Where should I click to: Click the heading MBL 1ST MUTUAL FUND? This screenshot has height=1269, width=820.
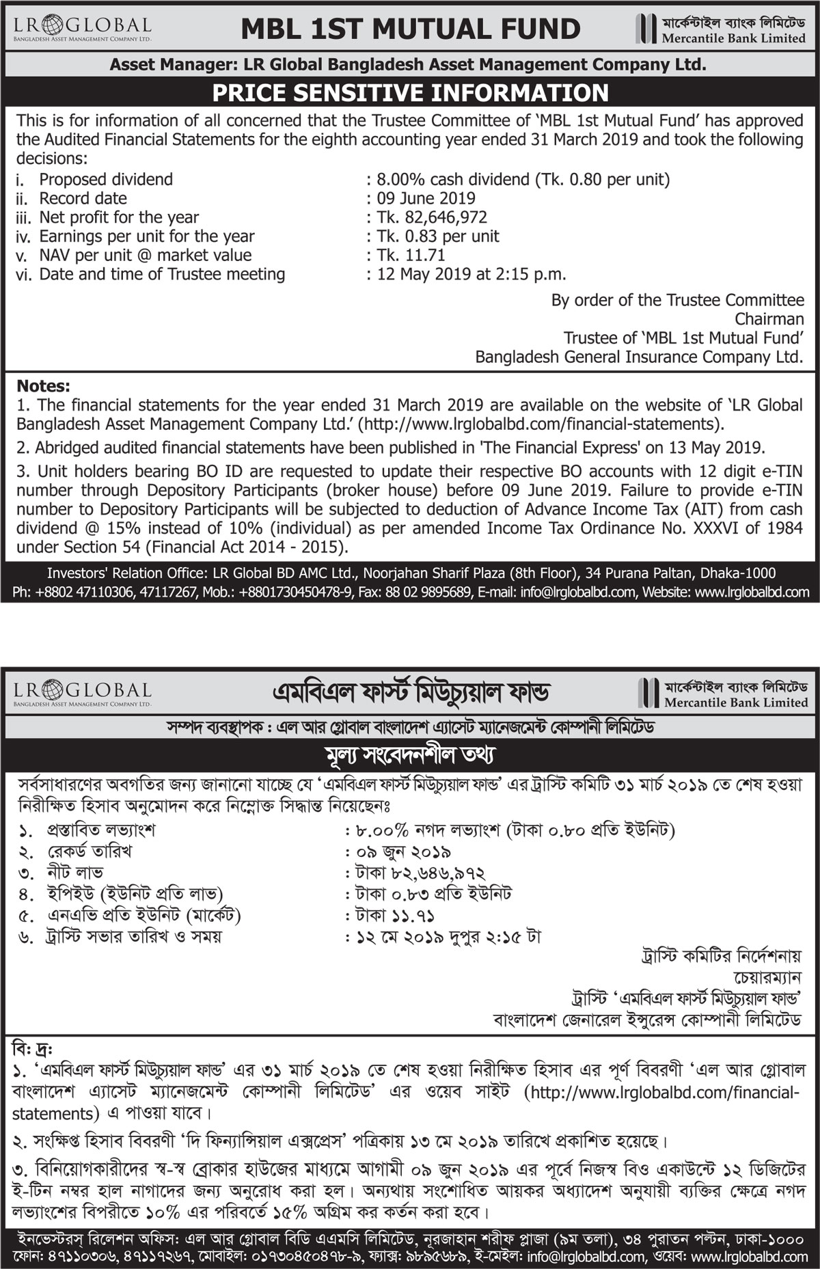[x=411, y=29]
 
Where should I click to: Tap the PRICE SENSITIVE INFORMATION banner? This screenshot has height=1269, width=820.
[x=410, y=93]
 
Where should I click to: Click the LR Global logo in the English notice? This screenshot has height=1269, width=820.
[x=82, y=29]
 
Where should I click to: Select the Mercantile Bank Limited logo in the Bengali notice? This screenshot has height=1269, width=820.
[x=723, y=693]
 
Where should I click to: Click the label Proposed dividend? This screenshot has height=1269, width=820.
[x=106, y=180]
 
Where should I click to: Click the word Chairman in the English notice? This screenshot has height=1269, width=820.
[x=769, y=319]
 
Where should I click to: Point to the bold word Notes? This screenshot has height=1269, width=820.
[x=43, y=386]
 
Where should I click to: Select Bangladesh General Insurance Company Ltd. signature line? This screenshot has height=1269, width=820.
[x=639, y=357]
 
